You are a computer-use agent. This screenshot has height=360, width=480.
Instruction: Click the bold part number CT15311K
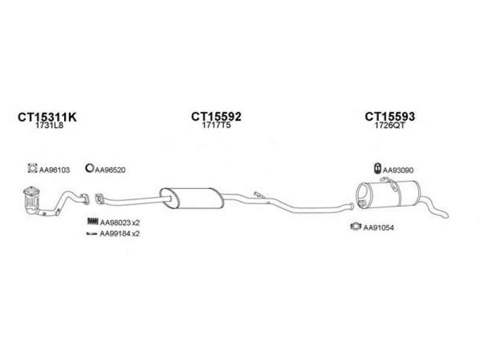coord(47,117)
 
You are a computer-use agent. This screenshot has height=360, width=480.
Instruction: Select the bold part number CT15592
coord(216,116)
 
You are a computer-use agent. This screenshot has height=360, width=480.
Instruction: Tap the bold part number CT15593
coord(389,116)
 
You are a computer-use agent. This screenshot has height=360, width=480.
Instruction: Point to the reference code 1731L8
coord(49,125)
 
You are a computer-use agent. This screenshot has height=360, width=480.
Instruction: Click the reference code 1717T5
coord(216,125)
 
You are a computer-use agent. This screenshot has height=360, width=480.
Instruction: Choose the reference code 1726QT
coord(389,125)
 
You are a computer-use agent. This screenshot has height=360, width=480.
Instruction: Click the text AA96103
coord(55,170)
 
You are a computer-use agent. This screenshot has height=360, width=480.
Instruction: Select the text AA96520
coord(110,170)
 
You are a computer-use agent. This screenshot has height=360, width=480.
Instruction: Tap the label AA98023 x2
coord(119,223)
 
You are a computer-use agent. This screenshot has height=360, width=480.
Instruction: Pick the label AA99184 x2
coord(119,233)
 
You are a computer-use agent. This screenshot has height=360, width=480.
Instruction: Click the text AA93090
coord(398,170)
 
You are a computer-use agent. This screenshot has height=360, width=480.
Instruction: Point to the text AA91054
coord(379,227)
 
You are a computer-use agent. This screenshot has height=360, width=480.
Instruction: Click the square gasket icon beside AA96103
coord(32,168)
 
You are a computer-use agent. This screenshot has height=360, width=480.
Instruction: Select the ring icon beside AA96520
coord(89,168)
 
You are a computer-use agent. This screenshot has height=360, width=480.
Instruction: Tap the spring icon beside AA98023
coord(92,221)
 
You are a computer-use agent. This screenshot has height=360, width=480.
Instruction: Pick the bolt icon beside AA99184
coord(92,234)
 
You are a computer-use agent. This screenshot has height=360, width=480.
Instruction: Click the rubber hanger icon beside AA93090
coord(378,168)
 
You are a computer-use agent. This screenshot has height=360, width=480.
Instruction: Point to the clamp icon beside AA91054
coord(356,227)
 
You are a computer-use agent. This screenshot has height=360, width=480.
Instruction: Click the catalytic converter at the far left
coord(31,200)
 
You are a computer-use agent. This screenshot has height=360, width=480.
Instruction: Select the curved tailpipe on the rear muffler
coord(434,206)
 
